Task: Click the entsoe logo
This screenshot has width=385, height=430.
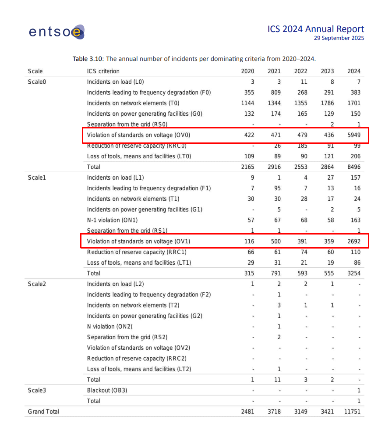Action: point(57,32)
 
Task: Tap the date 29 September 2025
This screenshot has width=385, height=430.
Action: point(339,38)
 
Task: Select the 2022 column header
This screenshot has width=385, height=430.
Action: point(300,71)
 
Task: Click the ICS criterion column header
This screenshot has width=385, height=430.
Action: point(103,71)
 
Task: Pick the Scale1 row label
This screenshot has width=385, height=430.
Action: point(37,178)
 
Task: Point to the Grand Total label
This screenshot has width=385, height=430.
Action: point(43,412)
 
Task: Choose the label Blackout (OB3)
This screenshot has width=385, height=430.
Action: point(107,390)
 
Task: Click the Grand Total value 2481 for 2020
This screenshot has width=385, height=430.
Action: point(247,412)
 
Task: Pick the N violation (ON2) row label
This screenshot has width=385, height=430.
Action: point(109,327)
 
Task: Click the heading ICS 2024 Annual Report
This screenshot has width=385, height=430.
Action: point(315,29)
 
